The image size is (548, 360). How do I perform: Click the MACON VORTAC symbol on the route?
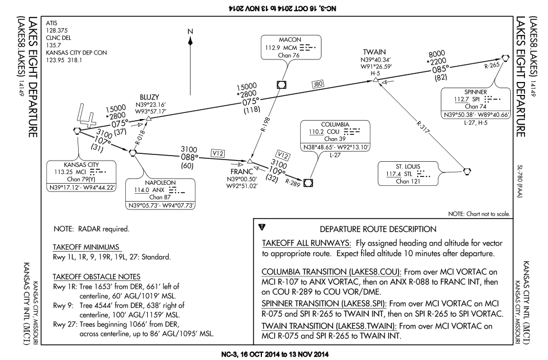click(x=282, y=85)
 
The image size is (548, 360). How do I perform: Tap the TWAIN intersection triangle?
click(x=375, y=80)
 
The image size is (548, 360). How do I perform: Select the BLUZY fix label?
click(x=150, y=97)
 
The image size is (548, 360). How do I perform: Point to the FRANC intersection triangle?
click(x=250, y=161)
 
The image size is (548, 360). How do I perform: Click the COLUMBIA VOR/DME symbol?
click(x=308, y=183)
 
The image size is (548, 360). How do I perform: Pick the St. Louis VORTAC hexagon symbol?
click(x=467, y=171)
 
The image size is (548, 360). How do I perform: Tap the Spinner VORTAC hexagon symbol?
click(x=505, y=58)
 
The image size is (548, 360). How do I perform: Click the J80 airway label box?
click(x=318, y=84)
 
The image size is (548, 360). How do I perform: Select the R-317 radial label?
click(x=423, y=127)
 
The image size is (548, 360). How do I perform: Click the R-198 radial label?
click(x=266, y=125)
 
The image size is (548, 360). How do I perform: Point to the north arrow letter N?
click(x=190, y=31)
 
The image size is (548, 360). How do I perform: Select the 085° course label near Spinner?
click(x=440, y=69)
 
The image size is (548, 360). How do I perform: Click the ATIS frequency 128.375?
click(x=57, y=30)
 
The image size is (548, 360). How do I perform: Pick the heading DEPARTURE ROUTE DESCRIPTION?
click(x=378, y=229)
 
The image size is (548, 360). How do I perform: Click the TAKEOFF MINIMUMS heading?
click(x=86, y=247)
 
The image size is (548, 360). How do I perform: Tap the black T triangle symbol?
click(x=262, y=227)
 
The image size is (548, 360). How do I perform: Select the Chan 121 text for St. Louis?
click(x=407, y=181)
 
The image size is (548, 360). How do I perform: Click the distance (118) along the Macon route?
click(x=252, y=110)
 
